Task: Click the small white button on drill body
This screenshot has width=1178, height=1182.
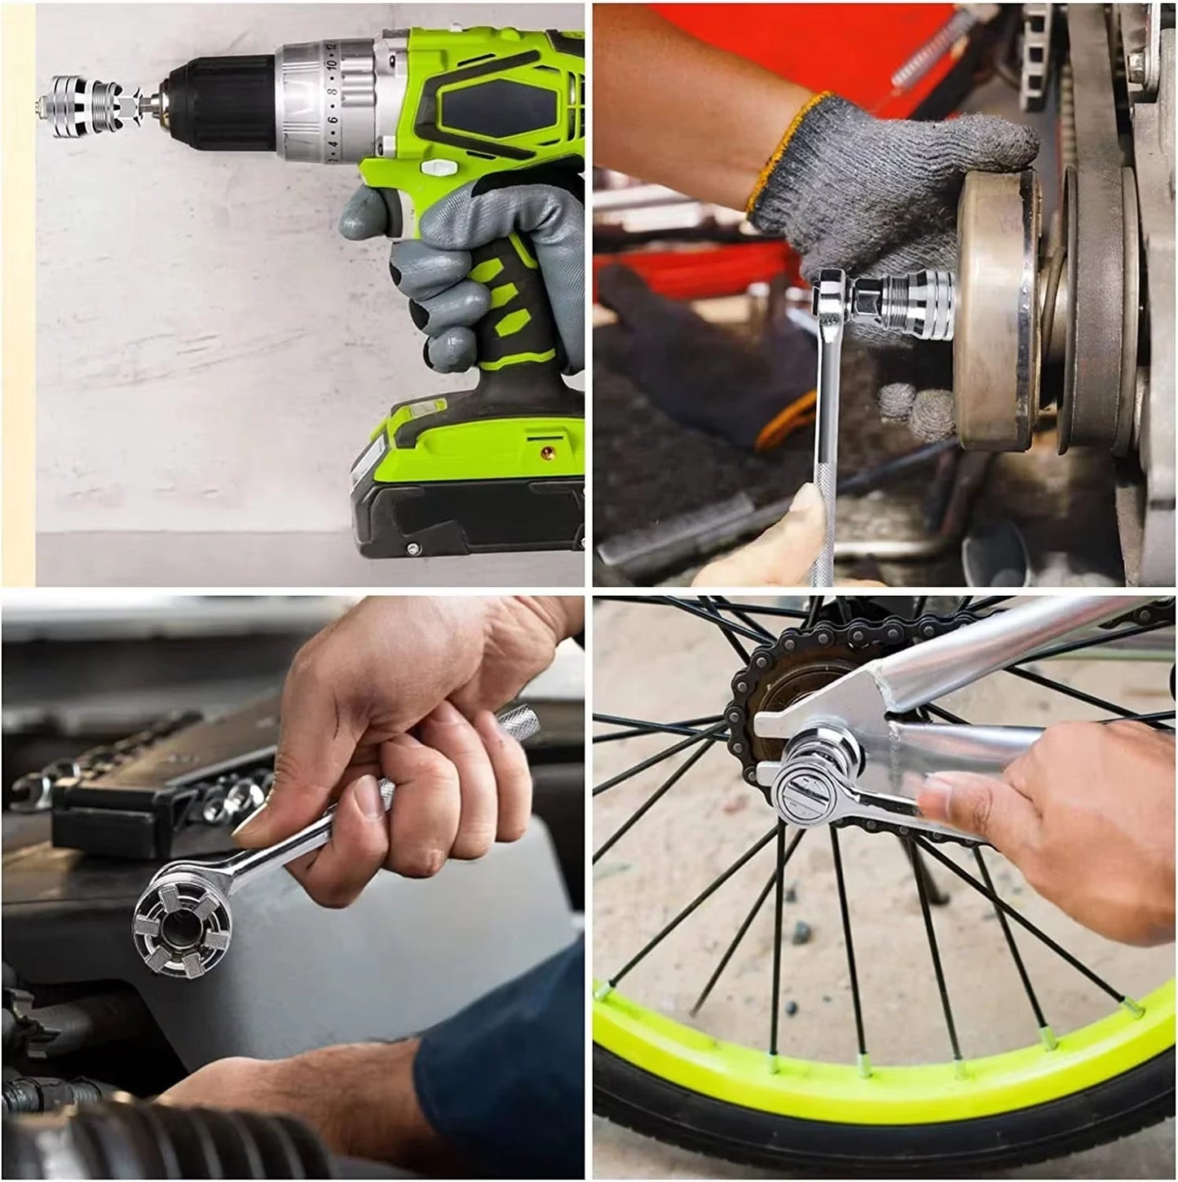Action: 438,167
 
